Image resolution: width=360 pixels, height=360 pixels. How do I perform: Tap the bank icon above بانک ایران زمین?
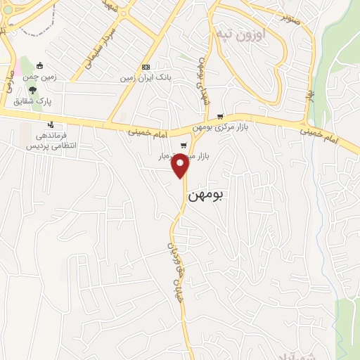(146, 67)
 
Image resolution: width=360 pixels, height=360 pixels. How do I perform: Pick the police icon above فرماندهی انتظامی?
(49, 125)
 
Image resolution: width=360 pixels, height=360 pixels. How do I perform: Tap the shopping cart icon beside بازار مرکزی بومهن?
(220, 117)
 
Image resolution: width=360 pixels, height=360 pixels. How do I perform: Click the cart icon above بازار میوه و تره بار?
(184, 146)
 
